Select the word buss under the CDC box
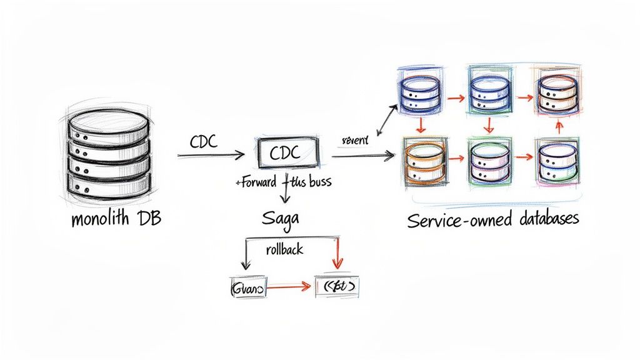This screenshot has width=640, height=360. coord(319,182)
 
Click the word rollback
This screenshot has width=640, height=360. coord(284,249)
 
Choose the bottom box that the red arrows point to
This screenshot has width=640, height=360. coord(337,287)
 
